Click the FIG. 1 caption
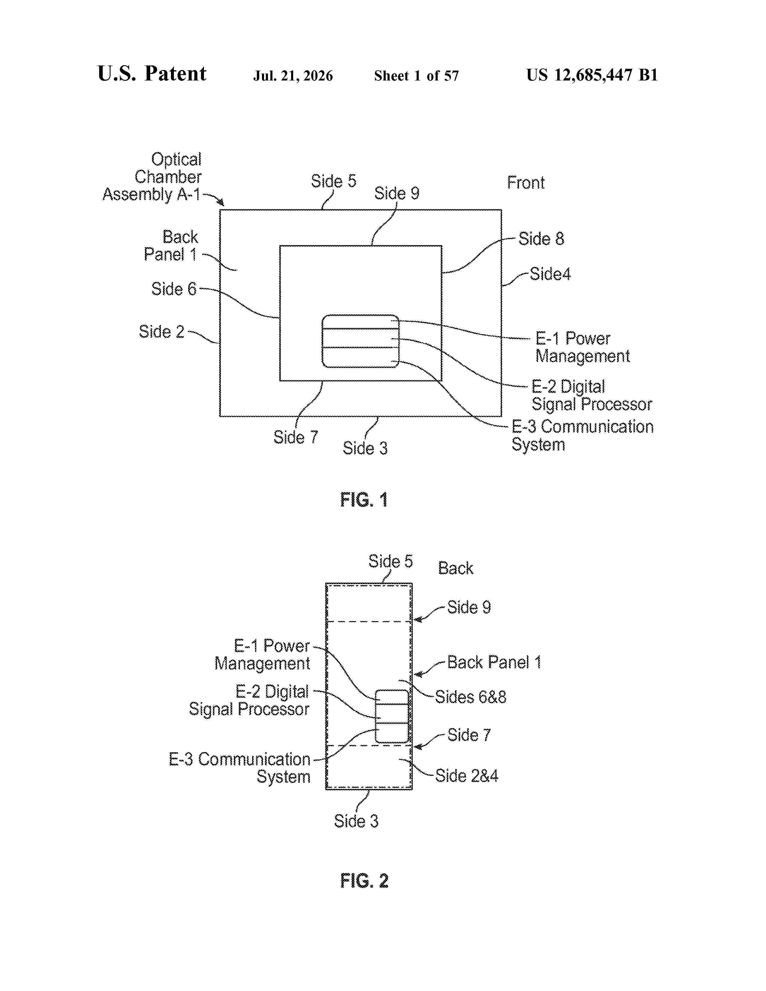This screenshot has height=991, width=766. coord(364,500)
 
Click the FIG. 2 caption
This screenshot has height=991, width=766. coord(364,881)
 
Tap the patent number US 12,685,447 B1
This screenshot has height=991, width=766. coord(592,75)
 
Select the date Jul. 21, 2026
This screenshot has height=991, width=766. coord(293,76)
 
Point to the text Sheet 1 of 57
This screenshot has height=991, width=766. coord(416,76)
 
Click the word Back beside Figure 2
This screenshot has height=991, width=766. coord(456,568)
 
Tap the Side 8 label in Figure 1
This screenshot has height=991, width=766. coord(541,239)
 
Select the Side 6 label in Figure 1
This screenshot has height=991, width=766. coord(174,289)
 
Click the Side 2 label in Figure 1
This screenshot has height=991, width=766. coord(162,332)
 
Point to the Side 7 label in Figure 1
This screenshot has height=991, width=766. coord(295,437)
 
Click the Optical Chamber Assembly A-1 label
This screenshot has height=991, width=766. coord(152,177)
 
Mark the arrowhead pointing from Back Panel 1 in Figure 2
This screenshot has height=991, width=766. coord(418,674)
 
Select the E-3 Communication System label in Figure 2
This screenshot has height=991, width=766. coord(240,768)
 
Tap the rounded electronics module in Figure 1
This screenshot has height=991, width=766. coord(360,341)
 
